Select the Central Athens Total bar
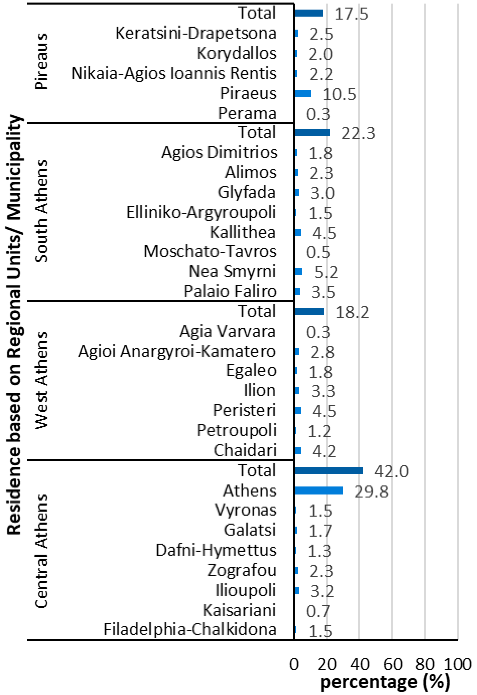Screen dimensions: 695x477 328,471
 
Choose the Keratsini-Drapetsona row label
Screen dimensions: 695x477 196,33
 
